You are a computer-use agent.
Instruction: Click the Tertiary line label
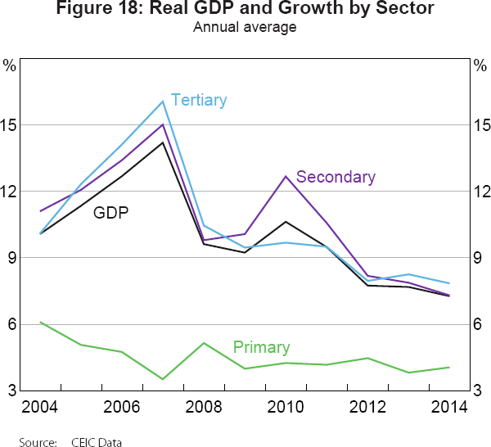click(x=199, y=101)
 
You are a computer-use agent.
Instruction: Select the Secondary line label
click(x=336, y=177)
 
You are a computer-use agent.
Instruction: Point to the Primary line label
click(x=261, y=347)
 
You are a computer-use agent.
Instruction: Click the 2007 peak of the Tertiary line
click(x=163, y=102)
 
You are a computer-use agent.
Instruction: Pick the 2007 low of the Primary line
click(x=163, y=379)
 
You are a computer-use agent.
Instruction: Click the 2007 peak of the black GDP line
click(x=163, y=142)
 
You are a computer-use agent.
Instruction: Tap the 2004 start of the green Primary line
click(x=40, y=322)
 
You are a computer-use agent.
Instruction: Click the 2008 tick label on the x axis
click(x=205, y=408)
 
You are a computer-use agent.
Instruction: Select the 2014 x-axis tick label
click(x=450, y=408)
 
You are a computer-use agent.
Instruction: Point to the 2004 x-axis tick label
click(x=40, y=408)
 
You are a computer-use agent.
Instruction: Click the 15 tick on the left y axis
click(x=11, y=125)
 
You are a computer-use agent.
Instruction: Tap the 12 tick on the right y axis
click(x=480, y=192)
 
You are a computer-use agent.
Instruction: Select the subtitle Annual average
click(x=245, y=28)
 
